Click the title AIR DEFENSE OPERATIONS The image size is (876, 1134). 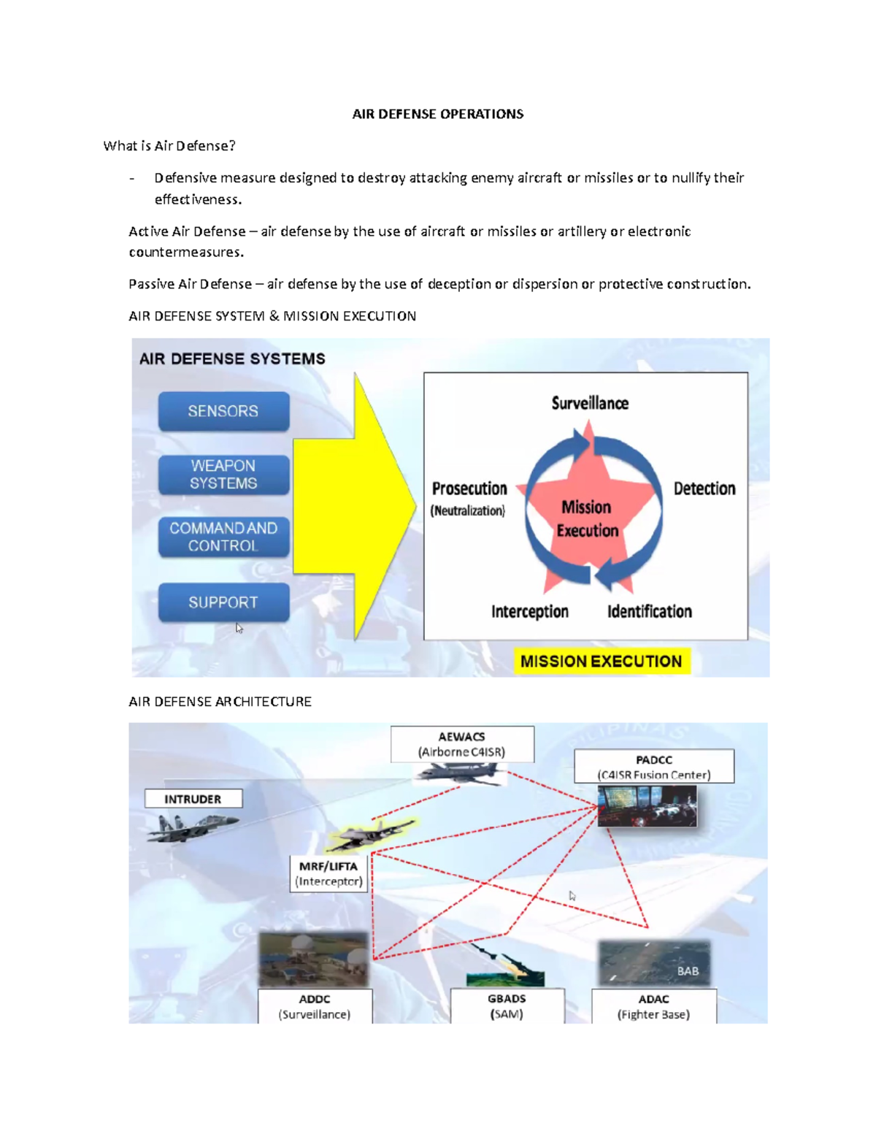coord(437,114)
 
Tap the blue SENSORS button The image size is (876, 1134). coord(223,411)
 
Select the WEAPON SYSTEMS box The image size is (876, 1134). coord(223,475)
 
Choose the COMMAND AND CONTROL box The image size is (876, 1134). coord(223,537)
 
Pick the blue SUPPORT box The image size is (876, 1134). coord(223,602)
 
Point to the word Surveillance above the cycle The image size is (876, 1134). coord(590,403)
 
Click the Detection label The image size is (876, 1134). coord(704,489)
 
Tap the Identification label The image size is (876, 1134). coord(649,611)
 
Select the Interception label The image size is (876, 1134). coord(529,611)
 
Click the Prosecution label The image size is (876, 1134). coord(469,489)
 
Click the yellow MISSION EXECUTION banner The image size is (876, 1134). coord(601,662)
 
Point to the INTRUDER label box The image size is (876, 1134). coord(193,799)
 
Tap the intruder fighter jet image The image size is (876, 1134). coord(191,827)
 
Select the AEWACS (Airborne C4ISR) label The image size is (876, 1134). coord(461,744)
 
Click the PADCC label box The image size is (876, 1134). coord(653,767)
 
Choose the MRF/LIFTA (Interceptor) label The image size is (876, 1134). coord(328,873)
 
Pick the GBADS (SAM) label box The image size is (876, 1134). coord(507,1006)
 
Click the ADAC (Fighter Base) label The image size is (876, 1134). coord(653,1006)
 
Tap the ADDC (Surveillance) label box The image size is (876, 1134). coord(315,1006)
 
